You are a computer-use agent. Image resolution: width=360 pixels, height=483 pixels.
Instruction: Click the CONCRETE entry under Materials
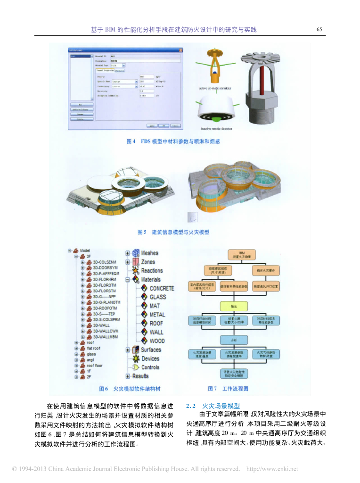coord(162,288)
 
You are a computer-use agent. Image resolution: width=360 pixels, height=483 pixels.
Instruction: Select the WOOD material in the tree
coord(157,341)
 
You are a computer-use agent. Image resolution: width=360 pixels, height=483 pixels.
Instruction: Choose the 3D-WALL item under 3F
coord(101,325)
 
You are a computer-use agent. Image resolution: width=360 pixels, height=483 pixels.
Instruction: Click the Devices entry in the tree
coord(150,359)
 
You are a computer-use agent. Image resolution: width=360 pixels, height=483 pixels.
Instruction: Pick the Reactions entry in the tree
coord(152,271)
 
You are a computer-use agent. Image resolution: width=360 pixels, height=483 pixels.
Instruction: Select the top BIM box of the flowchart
coord(242,255)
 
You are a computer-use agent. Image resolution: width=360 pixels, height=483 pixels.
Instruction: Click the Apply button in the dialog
coord(152,126)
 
